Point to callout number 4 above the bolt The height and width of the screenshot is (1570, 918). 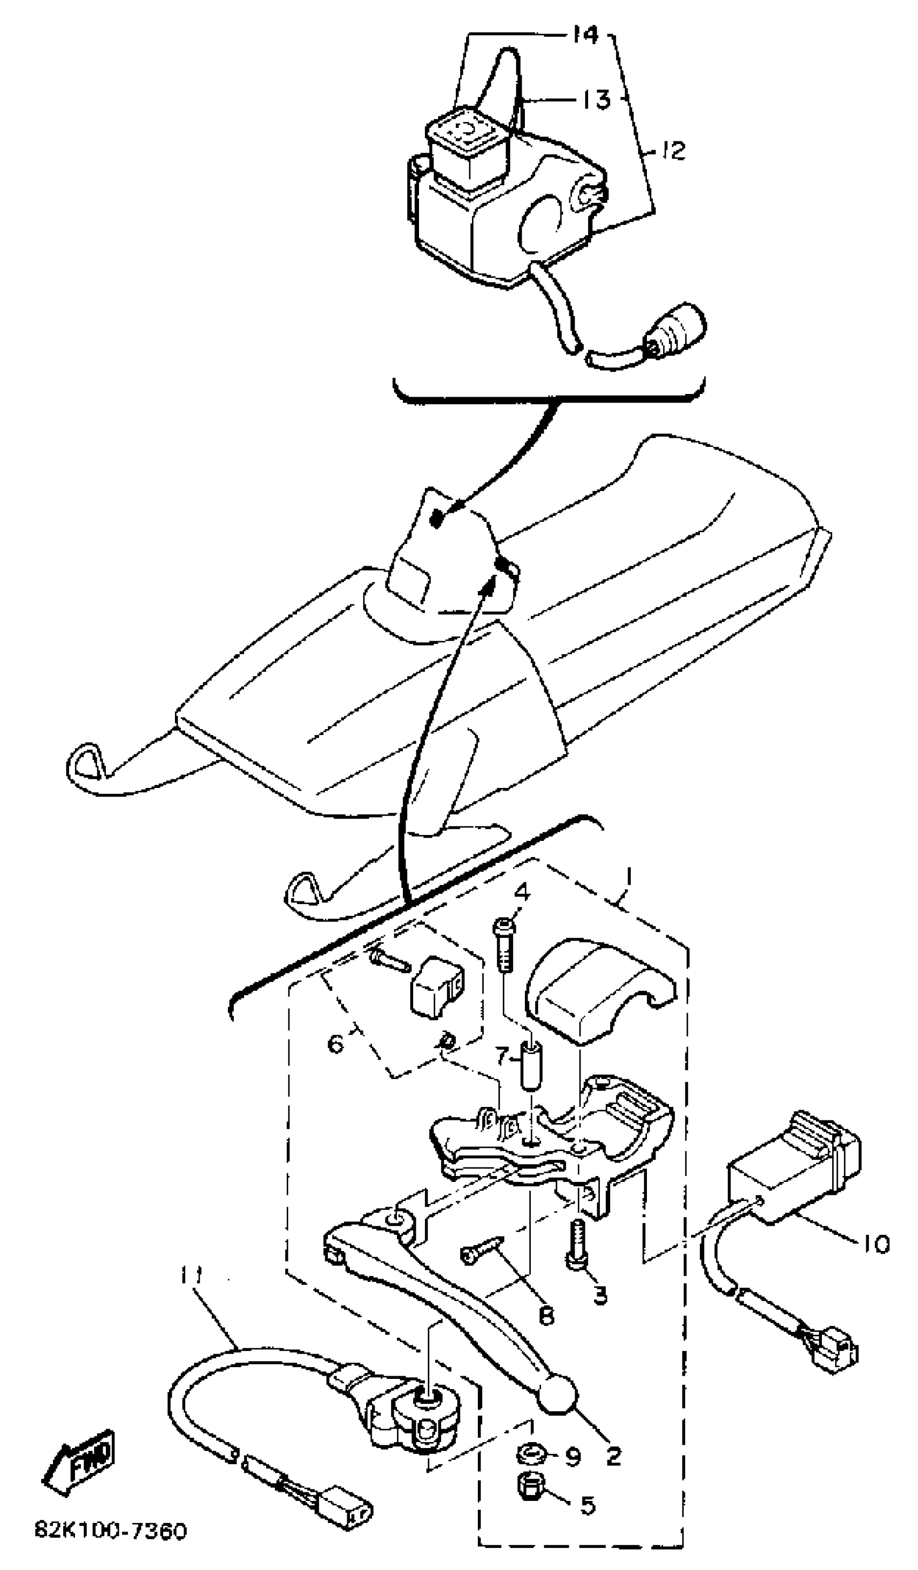(x=522, y=892)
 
